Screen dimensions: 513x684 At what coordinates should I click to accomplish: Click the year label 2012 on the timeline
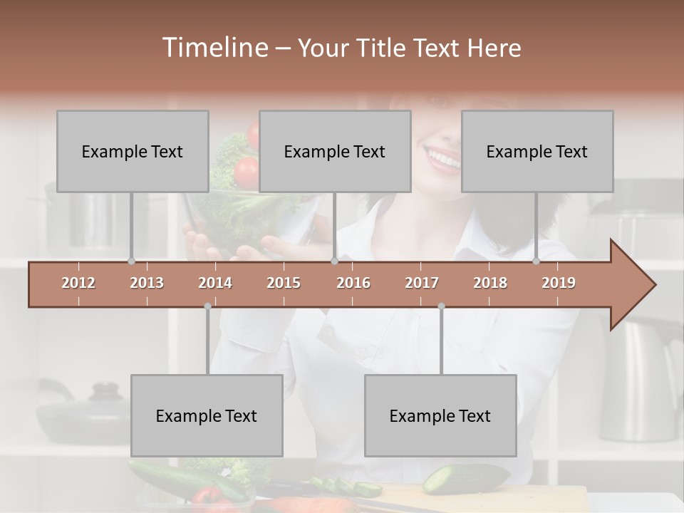click(x=78, y=283)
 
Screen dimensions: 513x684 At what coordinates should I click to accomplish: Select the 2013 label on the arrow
click(x=147, y=283)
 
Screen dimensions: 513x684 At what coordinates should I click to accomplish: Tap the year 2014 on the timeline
click(x=215, y=283)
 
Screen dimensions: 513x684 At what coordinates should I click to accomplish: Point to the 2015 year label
click(x=284, y=283)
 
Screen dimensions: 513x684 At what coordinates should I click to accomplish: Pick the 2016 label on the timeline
click(x=353, y=283)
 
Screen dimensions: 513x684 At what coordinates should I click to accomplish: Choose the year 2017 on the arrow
click(x=422, y=283)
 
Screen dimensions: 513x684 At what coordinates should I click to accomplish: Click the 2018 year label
click(x=490, y=283)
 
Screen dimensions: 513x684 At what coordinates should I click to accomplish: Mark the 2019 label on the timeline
click(x=559, y=283)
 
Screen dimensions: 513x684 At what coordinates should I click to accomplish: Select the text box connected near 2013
click(x=133, y=151)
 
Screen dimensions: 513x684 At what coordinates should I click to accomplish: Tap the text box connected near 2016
click(x=335, y=151)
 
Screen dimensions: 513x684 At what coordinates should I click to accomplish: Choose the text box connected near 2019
click(x=537, y=151)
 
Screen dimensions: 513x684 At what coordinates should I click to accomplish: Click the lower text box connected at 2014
click(x=207, y=415)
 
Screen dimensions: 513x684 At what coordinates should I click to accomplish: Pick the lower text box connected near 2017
click(x=440, y=415)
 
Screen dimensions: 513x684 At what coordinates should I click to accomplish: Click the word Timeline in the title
click(x=213, y=48)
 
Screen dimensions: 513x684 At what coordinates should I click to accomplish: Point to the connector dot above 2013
click(x=131, y=261)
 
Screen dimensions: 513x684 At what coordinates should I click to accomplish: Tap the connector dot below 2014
click(x=207, y=306)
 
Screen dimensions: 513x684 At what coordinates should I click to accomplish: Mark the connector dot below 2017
click(x=441, y=306)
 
